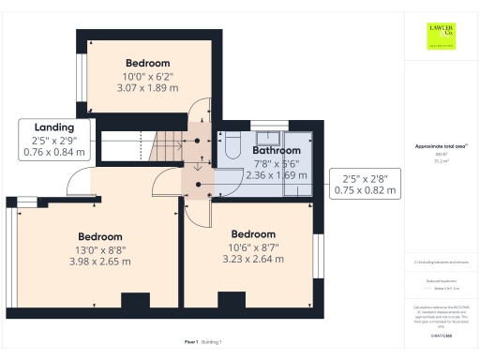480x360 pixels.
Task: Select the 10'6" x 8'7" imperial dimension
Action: [x=252, y=247]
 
